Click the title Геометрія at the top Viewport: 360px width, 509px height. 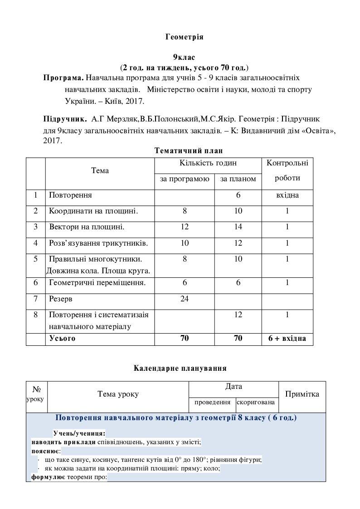click(x=184, y=37)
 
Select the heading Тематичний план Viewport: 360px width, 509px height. click(x=189, y=150)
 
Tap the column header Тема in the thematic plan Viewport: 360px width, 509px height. click(x=100, y=171)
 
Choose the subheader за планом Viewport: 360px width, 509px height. click(x=238, y=179)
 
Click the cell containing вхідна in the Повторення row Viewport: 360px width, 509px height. click(x=287, y=195)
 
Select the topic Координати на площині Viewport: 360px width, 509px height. click(x=93, y=211)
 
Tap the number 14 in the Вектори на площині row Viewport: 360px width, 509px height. click(x=238, y=227)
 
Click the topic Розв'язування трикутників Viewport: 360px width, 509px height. click(x=98, y=243)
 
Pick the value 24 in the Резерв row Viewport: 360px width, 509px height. click(x=185, y=299)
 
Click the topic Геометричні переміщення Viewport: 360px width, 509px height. click(x=97, y=283)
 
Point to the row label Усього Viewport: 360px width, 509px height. click(x=62, y=338)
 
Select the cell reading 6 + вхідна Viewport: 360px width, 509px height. click(x=287, y=338)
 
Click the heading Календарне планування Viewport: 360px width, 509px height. click(x=180, y=368)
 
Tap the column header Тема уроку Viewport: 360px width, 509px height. click(x=118, y=394)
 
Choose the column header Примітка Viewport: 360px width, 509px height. click(x=302, y=394)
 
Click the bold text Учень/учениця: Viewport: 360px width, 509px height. click(x=79, y=433)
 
